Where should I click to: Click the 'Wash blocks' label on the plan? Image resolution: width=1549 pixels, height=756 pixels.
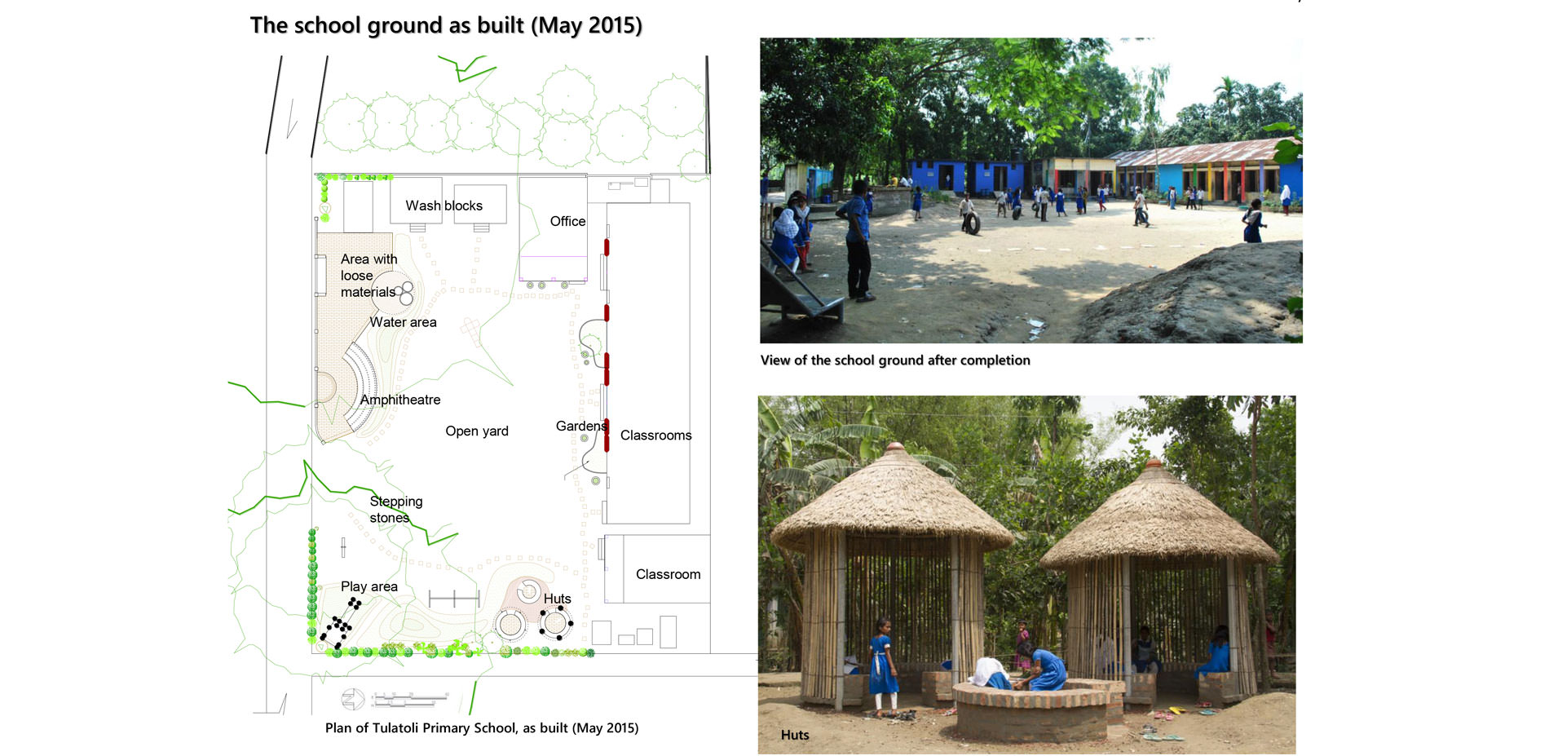tap(444, 206)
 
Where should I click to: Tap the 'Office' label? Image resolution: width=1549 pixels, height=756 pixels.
tap(567, 221)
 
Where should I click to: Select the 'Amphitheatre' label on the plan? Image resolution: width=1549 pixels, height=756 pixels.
tap(400, 400)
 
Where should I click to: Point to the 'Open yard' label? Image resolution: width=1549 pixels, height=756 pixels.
tap(477, 431)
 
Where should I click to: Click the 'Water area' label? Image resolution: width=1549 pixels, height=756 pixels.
tap(403, 322)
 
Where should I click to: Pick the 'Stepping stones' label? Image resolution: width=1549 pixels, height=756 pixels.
tap(396, 510)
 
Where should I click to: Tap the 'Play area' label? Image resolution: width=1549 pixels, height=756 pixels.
tap(369, 586)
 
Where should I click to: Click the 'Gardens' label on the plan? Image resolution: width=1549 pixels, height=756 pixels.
tap(581, 426)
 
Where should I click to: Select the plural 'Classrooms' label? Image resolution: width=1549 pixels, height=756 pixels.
tap(655, 435)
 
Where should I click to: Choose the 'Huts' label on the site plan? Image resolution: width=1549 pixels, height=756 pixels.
tap(557, 599)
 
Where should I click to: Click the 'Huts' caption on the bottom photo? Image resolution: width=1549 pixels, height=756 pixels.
tap(795, 735)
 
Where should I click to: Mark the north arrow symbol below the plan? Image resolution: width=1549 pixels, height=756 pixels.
tap(353, 700)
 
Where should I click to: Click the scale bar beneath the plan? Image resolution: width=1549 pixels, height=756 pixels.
tap(410, 699)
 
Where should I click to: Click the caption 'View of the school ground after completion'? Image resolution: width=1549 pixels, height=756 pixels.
tap(895, 360)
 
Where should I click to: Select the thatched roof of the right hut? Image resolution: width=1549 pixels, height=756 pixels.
tap(1158, 516)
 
